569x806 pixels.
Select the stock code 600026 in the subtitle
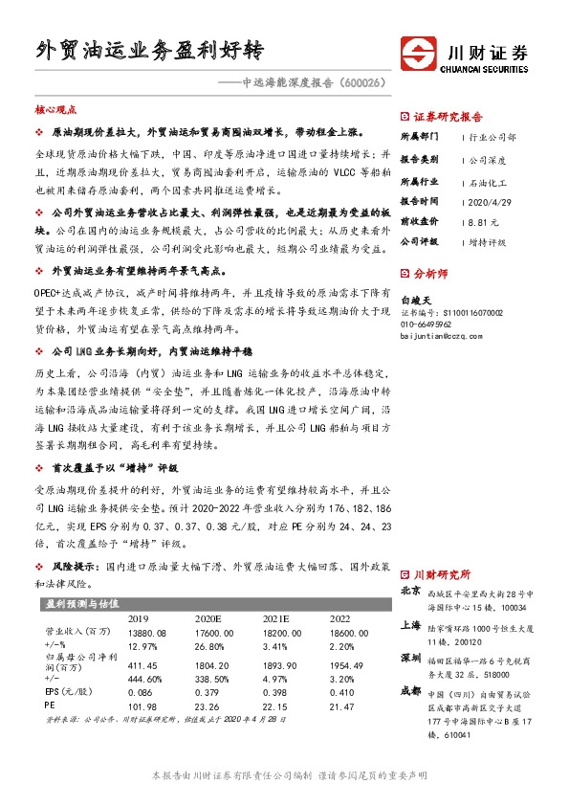click(x=366, y=83)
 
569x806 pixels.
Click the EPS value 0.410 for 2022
click(x=340, y=691)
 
